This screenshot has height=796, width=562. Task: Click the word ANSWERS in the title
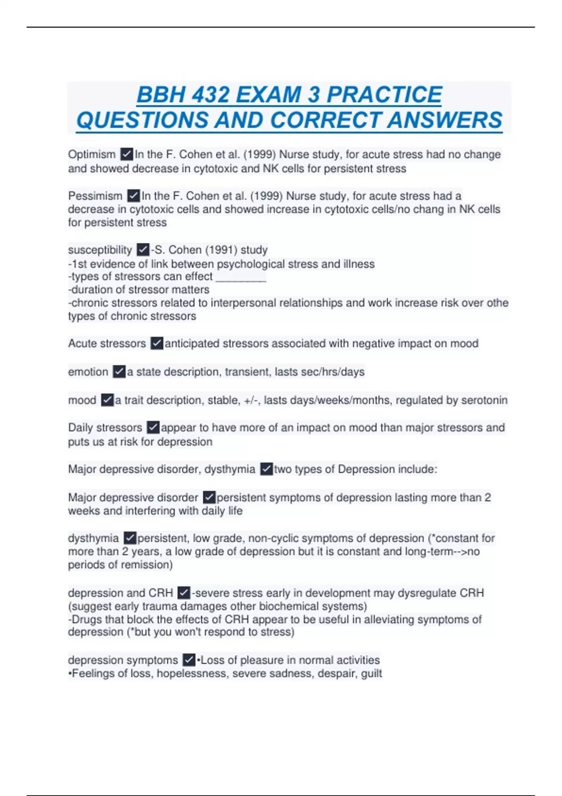[445, 120]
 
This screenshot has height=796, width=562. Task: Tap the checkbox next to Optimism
[126, 154]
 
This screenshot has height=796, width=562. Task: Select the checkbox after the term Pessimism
[133, 196]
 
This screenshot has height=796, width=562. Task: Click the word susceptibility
[100, 250]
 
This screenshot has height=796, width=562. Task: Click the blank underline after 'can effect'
[241, 277]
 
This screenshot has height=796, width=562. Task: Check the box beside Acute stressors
[156, 344]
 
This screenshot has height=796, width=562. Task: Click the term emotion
[88, 372]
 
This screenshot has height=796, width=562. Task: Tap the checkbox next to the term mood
[107, 400]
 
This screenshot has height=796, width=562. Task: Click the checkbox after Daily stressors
[153, 427]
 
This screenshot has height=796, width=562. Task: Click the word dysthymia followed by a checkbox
[93, 538]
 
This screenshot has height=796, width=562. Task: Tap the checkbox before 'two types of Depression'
[266, 469]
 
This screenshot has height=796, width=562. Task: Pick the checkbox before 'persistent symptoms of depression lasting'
[209, 497]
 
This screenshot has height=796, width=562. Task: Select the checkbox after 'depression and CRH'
[184, 593]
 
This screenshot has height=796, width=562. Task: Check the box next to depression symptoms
[189, 660]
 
